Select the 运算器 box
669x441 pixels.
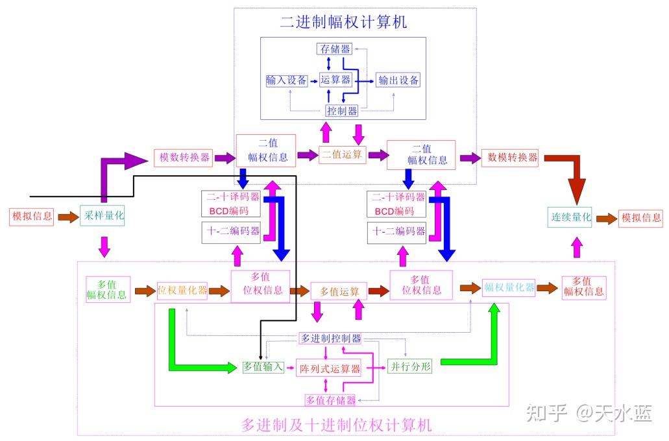[335, 80]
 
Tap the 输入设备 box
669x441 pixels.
[286, 80]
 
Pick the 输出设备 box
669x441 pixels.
[398, 80]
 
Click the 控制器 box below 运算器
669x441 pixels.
[342, 111]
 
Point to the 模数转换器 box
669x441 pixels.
[183, 158]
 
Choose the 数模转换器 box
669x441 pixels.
[510, 158]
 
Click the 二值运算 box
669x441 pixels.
[343, 155]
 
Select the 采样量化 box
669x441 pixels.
[102, 216]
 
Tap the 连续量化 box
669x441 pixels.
[571, 217]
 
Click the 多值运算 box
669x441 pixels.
[339, 291]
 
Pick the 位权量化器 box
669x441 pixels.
[182, 291]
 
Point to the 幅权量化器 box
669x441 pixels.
[509, 287]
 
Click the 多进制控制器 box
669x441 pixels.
[330, 339]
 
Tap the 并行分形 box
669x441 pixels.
[409, 366]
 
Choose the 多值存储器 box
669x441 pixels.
[331, 399]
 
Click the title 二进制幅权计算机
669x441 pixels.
[343, 21]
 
